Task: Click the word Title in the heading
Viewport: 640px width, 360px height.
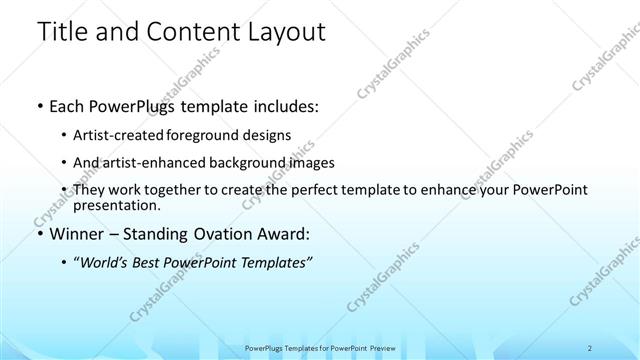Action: (63, 32)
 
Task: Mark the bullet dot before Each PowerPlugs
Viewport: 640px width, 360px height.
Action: (39, 105)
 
